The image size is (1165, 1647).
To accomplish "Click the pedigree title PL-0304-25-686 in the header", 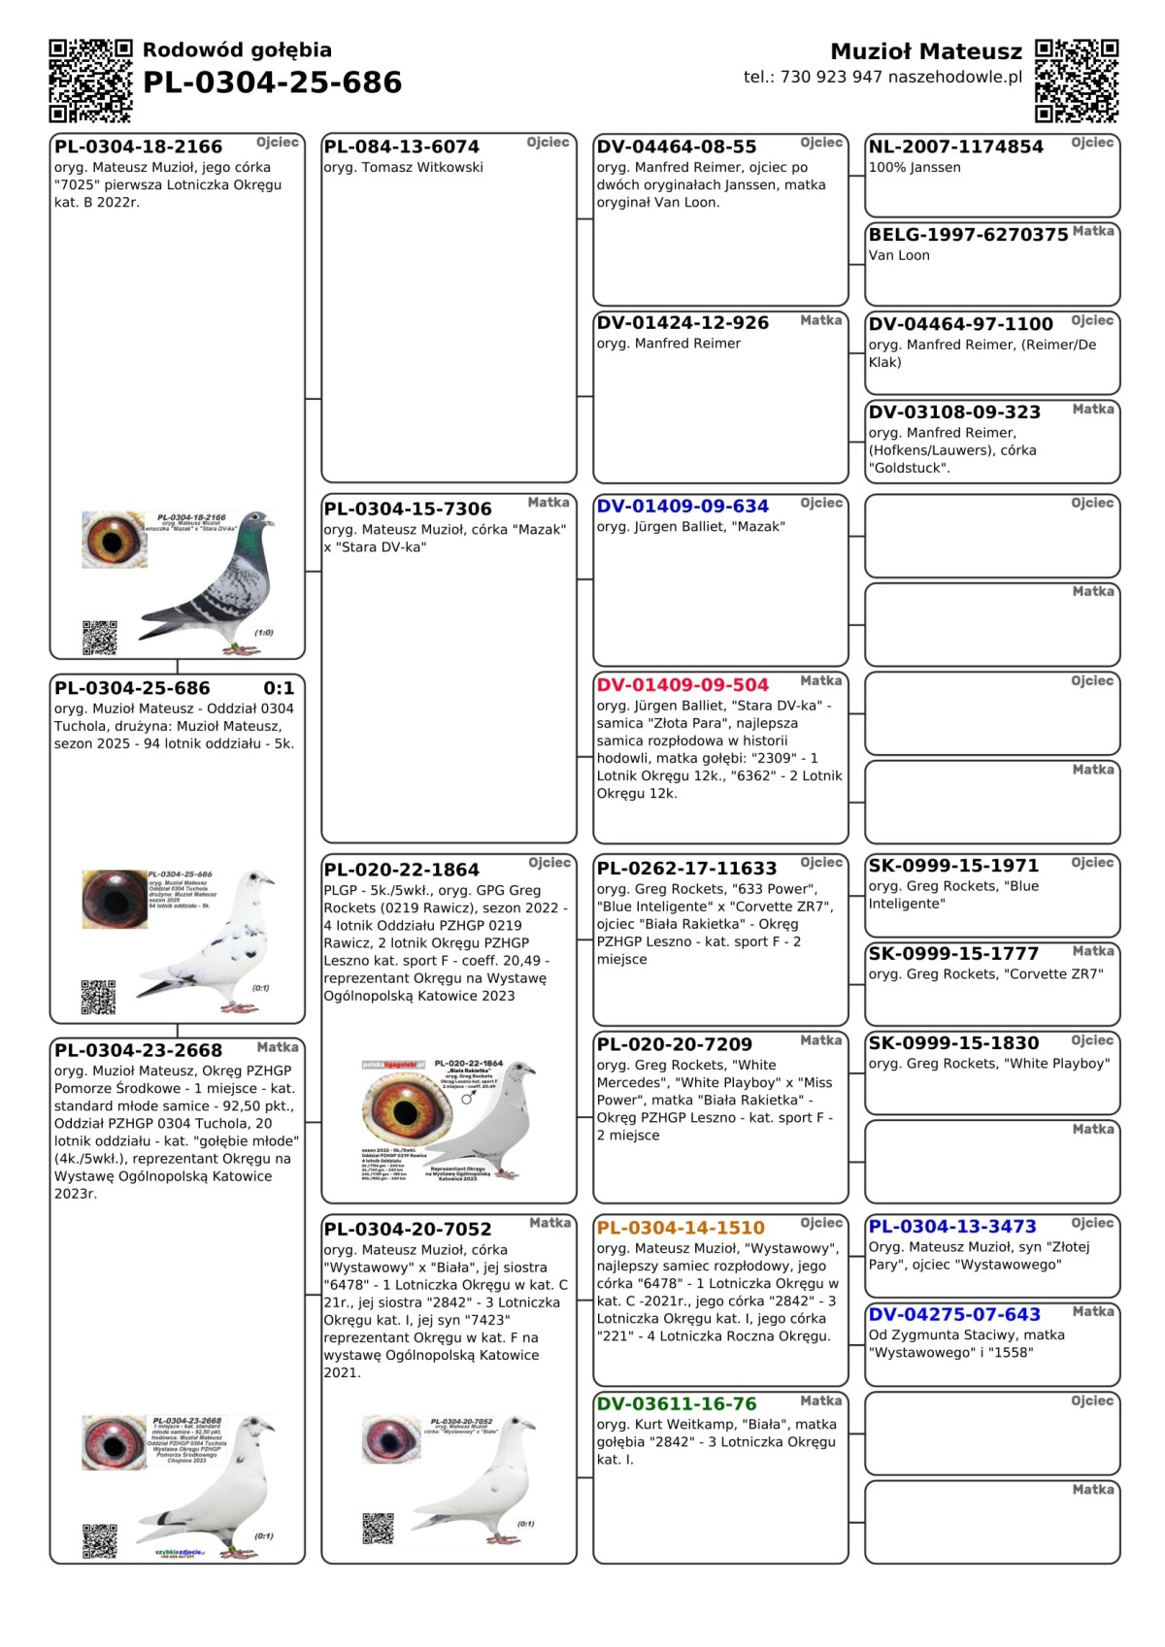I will coord(272,82).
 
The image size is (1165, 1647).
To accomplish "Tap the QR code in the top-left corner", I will coord(90,81).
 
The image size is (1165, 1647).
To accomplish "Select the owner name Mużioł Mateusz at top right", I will coord(925,51).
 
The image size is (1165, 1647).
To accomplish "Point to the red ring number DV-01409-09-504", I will coord(682,685).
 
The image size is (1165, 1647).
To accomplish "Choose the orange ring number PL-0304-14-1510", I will coord(681,1229).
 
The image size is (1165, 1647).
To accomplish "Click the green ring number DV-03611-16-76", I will coord(677,1404).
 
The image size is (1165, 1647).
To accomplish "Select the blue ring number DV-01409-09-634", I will coord(682,507).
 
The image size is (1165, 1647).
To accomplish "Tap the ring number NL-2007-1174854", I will coord(955,148).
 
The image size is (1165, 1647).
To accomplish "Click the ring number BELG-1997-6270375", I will coord(968,235).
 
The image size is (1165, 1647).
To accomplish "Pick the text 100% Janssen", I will coord(915,168).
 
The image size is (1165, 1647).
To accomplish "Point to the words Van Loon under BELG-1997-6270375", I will coord(899,256).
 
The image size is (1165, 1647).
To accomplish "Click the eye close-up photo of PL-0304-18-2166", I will coord(115,540).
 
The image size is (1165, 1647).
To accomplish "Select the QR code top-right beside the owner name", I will coord(1077,81).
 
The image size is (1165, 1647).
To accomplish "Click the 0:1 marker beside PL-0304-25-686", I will coord(279,689).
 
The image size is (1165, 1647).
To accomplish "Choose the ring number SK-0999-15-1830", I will coord(953,1043).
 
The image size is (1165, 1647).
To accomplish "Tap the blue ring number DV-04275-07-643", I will coord(954,1315).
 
